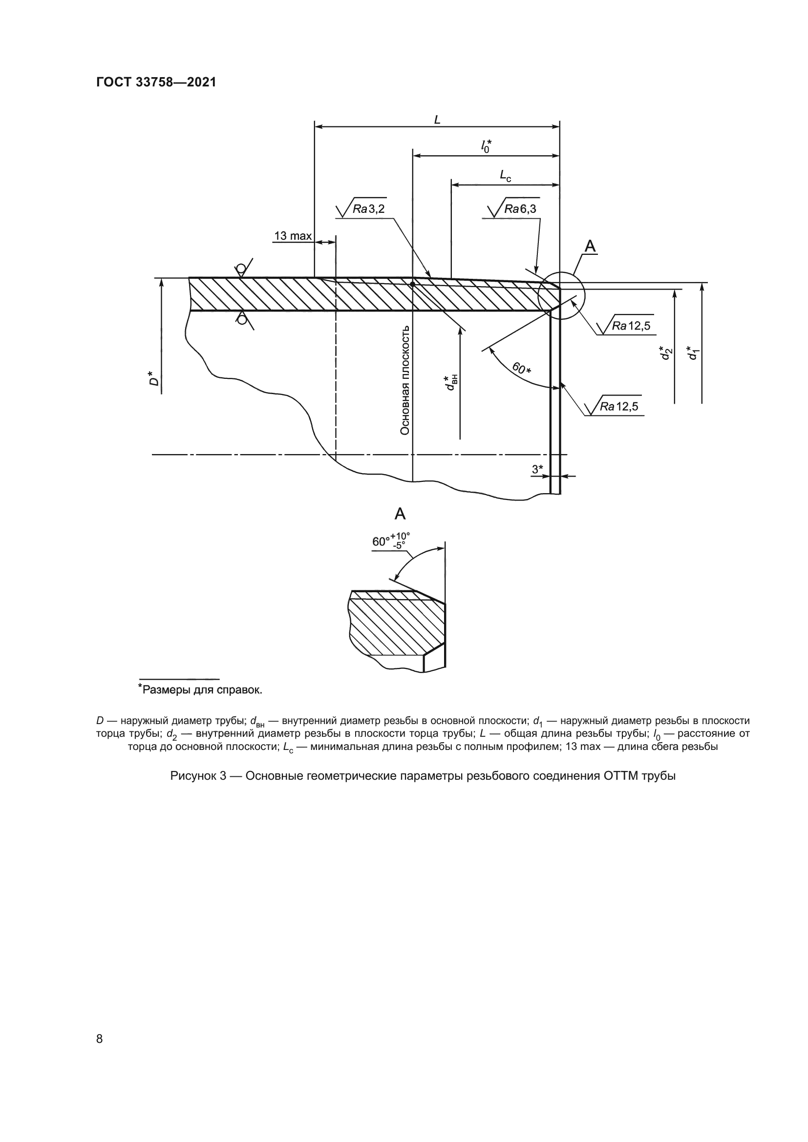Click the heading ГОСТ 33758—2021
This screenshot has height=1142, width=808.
click(156, 83)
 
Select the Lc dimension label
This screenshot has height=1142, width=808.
click(505, 176)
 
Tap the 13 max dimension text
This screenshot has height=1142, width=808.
click(293, 236)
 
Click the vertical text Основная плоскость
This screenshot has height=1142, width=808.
click(405, 380)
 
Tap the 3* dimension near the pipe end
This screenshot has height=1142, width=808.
click(537, 469)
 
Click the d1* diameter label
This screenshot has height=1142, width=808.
click(692, 353)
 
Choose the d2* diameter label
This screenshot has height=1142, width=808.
click(665, 353)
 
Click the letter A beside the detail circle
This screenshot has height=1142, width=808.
click(590, 246)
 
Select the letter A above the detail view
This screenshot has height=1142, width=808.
click(400, 514)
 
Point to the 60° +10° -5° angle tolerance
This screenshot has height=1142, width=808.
click(391, 540)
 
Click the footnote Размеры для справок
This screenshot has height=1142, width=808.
click(200, 690)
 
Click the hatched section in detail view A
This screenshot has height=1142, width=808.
click(393, 627)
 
